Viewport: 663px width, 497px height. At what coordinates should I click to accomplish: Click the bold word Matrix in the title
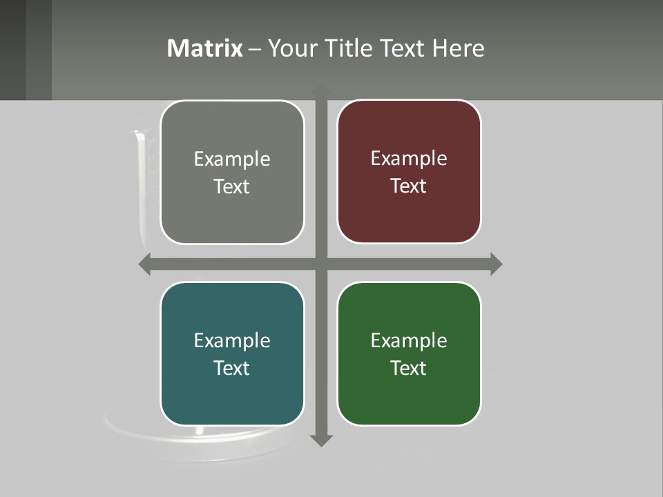[205, 48]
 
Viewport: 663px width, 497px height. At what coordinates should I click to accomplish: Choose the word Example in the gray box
[232, 159]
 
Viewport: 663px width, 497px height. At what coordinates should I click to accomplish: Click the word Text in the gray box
[232, 186]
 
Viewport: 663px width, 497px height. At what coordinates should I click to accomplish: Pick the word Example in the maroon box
[409, 158]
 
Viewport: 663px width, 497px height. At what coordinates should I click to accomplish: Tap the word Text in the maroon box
[409, 186]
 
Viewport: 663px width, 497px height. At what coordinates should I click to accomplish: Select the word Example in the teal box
[232, 340]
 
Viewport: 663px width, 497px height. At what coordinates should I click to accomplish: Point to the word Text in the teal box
[232, 368]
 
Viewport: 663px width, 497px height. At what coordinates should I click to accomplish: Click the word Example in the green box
[409, 340]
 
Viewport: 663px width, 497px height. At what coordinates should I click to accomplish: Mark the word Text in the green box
[409, 368]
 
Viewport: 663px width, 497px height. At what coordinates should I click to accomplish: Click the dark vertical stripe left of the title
[39, 50]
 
